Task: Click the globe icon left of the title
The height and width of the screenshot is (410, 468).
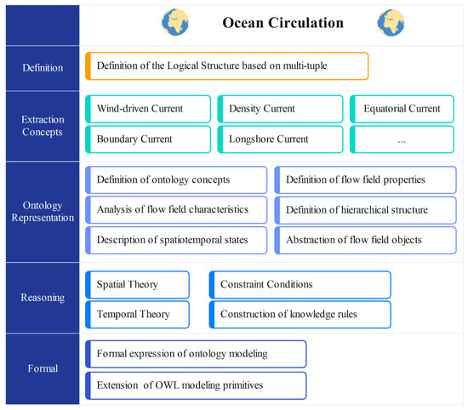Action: coord(175,22)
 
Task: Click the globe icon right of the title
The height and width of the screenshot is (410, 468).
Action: coord(391,23)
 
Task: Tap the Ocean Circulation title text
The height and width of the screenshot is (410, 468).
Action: coord(283,23)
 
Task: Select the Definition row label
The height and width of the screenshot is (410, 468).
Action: coord(43,68)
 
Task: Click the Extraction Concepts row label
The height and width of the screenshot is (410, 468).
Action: coord(43,126)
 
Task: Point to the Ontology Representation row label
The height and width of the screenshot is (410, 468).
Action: coord(43,211)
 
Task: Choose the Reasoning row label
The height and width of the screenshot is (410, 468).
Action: coord(43,298)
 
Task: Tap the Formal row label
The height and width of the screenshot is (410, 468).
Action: coord(43,368)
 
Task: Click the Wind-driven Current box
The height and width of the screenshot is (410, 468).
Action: coord(148,109)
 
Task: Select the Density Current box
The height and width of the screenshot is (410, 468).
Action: coord(280,109)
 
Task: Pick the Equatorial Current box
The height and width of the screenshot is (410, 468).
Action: coord(402,109)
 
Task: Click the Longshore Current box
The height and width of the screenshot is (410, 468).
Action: coord(280,140)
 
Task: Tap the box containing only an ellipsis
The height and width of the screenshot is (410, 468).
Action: coord(402,140)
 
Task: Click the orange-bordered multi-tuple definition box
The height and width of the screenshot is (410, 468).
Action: coord(227,66)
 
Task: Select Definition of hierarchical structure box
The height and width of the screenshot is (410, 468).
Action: coord(366,210)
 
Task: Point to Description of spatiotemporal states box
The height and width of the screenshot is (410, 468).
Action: coord(176,240)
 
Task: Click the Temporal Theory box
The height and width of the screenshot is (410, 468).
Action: coord(137,315)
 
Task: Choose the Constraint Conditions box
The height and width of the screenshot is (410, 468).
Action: coord(300,285)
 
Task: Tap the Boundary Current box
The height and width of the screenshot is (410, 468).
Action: coord(148,140)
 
